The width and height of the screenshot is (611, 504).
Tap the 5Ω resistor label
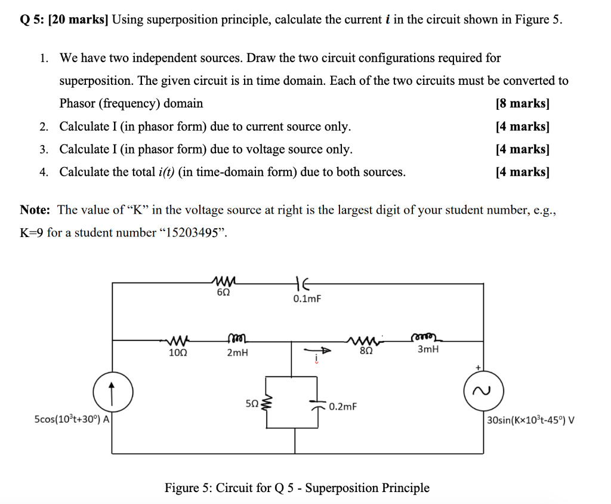(x=252, y=404)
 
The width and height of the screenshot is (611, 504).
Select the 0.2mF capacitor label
(x=342, y=407)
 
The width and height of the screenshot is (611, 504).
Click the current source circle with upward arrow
(x=113, y=394)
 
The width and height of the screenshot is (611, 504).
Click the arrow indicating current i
(x=316, y=351)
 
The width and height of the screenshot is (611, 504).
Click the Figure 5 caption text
(x=297, y=488)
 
